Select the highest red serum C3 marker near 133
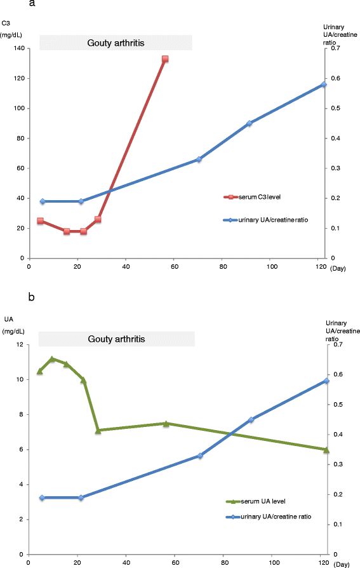point(165,59)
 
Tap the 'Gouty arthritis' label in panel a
point(116,43)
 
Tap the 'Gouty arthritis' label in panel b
point(116,339)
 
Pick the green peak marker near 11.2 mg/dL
point(52,359)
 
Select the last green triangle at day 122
point(326,450)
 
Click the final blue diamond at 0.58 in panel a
point(324,85)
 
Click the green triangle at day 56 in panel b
point(166,424)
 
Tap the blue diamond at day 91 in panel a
point(250,123)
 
